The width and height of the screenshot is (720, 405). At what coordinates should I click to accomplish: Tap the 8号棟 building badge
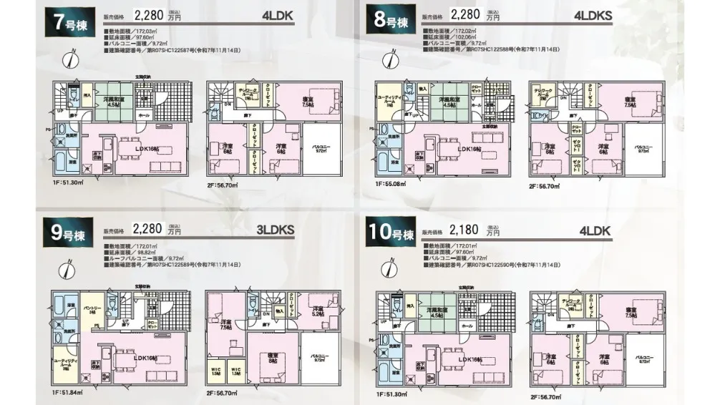(391, 22)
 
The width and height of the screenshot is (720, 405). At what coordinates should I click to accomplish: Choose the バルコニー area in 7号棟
(321, 151)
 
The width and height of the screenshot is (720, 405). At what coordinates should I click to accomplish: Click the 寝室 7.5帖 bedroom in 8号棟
(630, 102)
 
